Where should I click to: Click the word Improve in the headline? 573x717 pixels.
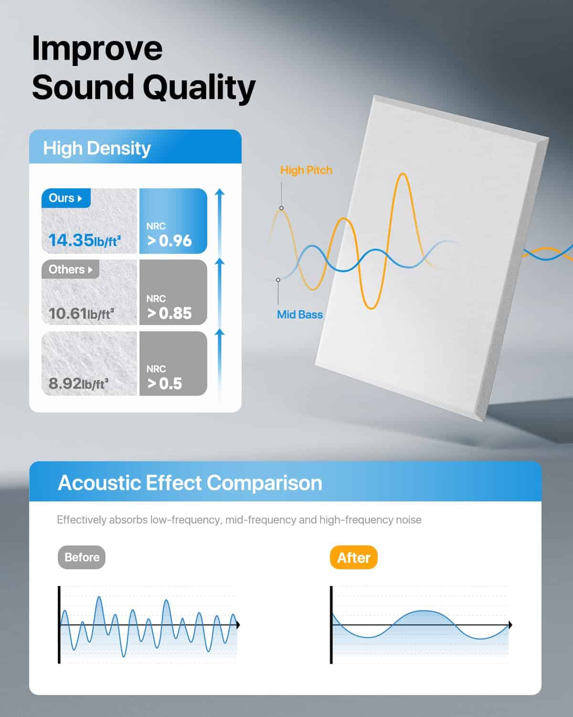click(x=97, y=49)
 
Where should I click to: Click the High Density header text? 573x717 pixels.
click(x=97, y=148)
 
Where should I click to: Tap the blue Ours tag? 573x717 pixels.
click(x=66, y=198)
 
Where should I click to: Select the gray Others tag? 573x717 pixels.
click(x=70, y=269)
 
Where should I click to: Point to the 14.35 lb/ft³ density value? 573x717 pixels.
click(x=85, y=240)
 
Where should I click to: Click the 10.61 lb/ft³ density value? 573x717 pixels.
click(x=81, y=313)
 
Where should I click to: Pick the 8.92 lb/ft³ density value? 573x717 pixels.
click(x=79, y=383)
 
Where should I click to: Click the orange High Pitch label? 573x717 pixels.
click(x=306, y=170)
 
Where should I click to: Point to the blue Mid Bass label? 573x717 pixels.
click(x=300, y=315)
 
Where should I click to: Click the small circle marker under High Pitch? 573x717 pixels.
click(x=281, y=208)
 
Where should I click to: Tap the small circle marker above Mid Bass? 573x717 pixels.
click(x=278, y=280)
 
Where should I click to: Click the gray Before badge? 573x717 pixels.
click(x=82, y=557)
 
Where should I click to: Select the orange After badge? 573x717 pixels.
click(x=353, y=557)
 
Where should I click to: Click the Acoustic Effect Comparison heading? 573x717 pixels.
click(x=190, y=483)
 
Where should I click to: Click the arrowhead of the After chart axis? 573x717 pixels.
click(x=510, y=625)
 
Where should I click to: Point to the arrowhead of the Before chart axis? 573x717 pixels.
click(x=238, y=625)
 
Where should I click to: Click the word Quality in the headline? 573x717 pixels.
click(x=199, y=87)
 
